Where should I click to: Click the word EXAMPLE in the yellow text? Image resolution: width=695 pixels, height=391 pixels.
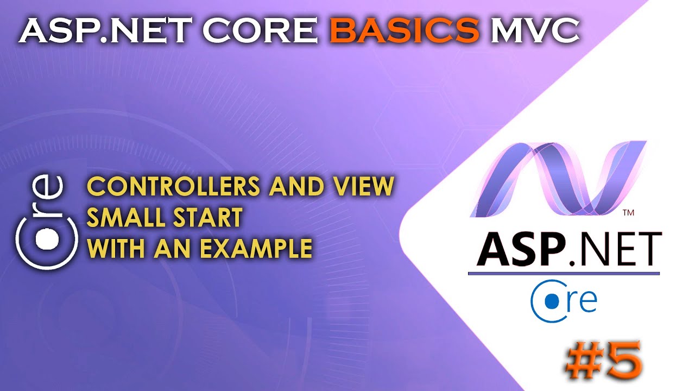point(256,249)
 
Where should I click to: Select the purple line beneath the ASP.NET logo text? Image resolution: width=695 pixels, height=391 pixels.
point(564,273)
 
